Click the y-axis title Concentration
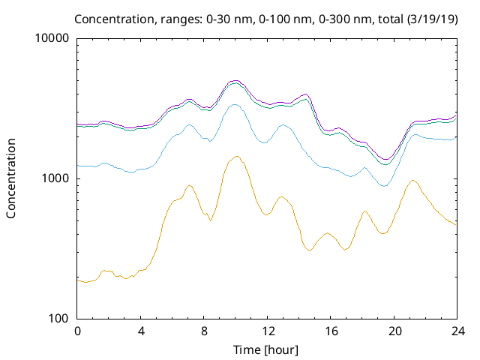click(x=11, y=178)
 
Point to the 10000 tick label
click(x=52, y=39)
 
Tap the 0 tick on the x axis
click(x=77, y=331)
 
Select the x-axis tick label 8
click(x=204, y=331)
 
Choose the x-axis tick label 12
click(x=267, y=331)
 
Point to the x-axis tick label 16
click(x=330, y=331)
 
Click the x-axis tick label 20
click(x=394, y=331)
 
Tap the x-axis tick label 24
click(x=457, y=331)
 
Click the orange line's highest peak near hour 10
click(x=237, y=156)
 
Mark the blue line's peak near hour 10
click(x=235, y=104)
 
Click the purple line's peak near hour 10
click(x=235, y=80)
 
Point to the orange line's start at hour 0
click(x=78, y=279)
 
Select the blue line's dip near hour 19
click(x=384, y=185)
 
